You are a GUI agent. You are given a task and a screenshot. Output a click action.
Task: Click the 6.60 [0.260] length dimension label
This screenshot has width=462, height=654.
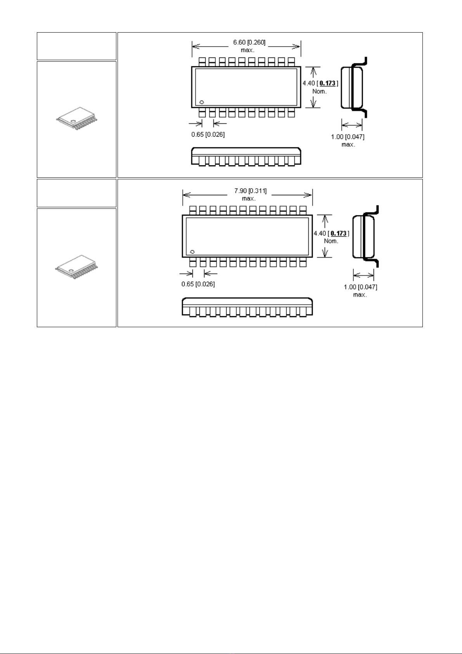pos(249,43)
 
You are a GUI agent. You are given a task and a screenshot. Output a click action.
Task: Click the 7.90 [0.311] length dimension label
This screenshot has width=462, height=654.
pos(250,191)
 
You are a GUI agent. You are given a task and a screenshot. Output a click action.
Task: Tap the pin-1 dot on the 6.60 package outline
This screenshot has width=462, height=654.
pos(202,102)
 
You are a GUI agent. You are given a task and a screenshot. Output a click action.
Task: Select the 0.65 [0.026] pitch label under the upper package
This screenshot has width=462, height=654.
pos(208,135)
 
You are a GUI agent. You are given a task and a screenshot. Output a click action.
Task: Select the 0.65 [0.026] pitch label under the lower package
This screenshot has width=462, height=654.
pos(198,284)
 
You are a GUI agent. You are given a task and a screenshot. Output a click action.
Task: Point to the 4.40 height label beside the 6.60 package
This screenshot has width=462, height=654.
pos(309,83)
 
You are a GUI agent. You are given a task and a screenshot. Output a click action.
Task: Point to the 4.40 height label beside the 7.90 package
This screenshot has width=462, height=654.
pos(320,233)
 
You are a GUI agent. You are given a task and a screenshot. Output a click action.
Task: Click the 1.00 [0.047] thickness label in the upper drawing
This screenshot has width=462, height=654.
pos(348,137)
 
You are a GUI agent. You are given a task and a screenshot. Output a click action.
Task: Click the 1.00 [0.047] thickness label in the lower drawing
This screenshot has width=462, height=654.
pos(360,287)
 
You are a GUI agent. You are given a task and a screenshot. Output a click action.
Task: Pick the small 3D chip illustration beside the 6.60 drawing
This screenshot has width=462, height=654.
pos(77,118)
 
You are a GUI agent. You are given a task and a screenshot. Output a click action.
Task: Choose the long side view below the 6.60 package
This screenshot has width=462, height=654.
pos(246,157)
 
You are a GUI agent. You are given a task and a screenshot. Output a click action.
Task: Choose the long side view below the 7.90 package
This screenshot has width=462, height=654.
pos(247,307)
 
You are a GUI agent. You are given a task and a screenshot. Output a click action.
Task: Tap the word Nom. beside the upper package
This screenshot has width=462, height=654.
pos(320,92)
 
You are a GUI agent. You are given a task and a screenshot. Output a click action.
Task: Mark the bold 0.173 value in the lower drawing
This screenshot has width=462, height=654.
pos(339,233)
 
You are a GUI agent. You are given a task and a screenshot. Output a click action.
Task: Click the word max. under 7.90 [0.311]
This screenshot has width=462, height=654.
pos(249,198)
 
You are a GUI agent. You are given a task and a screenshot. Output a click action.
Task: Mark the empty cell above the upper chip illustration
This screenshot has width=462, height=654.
pos(77,46)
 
